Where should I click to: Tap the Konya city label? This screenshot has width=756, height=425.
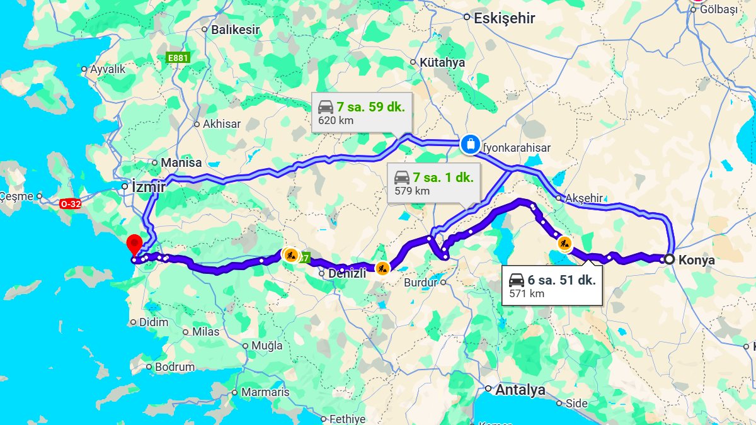tap(697, 259)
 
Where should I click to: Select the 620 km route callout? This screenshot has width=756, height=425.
tap(362, 113)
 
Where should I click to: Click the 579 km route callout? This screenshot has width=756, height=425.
tap(434, 183)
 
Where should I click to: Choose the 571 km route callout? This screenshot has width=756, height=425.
tap(552, 286)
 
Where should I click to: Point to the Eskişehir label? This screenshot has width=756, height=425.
tap(504, 18)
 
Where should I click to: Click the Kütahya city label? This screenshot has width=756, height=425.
tap(442, 62)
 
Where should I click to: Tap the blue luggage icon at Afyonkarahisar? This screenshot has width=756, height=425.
tap(470, 144)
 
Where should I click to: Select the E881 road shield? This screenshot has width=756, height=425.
tap(178, 58)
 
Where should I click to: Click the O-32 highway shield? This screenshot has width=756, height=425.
tap(71, 204)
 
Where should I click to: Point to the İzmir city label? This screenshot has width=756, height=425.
tap(148, 187)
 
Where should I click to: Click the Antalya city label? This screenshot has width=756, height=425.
tap(520, 390)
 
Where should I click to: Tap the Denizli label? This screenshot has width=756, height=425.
tap(346, 273)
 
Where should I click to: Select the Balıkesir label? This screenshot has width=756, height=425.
tap(235, 29)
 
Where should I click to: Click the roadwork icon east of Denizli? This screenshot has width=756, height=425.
tap(382, 269)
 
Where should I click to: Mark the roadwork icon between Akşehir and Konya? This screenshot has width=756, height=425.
tap(564, 242)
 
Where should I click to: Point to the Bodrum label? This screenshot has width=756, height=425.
tap(175, 366)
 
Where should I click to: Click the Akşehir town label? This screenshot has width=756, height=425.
tap(583, 198)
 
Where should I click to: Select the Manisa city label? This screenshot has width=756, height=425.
tap(181, 162)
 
